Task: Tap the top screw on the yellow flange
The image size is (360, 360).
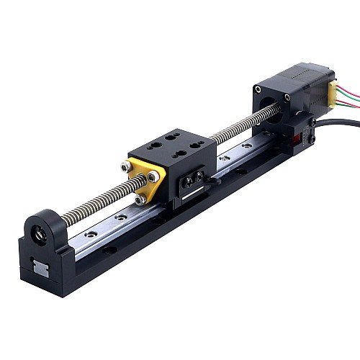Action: click(127, 166)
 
